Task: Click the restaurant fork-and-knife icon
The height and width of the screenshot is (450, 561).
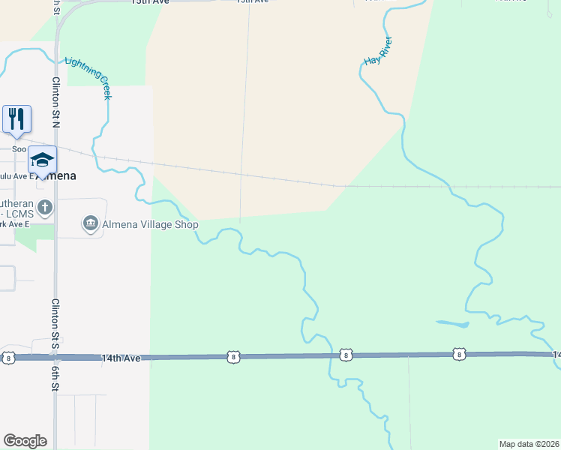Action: [x=16, y=119]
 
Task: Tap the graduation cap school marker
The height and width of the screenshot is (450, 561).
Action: [x=43, y=160]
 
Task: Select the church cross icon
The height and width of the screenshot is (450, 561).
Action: [x=45, y=207]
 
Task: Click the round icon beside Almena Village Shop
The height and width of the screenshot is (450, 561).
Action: [x=90, y=223]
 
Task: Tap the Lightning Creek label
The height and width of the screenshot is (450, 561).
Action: [x=90, y=78]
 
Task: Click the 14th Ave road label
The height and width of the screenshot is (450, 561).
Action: [x=121, y=359]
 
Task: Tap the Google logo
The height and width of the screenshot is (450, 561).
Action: [x=25, y=441]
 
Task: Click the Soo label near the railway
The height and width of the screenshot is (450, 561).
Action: [x=19, y=148]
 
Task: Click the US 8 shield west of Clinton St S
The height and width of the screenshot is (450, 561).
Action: [x=7, y=357]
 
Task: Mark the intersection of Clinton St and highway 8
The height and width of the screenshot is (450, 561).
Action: [x=55, y=358]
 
